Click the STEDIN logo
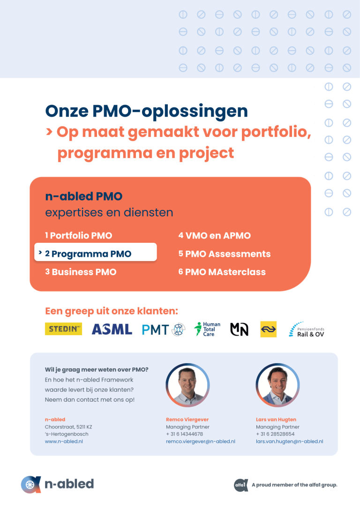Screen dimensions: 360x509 click(x=63, y=329)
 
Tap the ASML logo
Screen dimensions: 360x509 click(x=112, y=329)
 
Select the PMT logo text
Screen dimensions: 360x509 click(x=155, y=330)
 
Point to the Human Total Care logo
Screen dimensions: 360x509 click(x=207, y=329)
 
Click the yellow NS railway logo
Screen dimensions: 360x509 click(x=269, y=329)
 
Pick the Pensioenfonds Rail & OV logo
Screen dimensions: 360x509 click(x=307, y=329)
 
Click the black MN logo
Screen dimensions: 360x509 click(x=239, y=329)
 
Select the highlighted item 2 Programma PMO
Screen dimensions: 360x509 click(x=96, y=252)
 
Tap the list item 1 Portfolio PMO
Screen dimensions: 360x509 click(x=79, y=235)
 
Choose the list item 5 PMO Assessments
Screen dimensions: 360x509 click(x=225, y=254)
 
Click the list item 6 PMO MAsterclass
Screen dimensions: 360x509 click(x=222, y=272)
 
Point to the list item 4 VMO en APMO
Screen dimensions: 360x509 click(x=215, y=235)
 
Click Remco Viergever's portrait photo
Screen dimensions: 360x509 click(x=187, y=385)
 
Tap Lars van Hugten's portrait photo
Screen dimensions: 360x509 click(x=277, y=385)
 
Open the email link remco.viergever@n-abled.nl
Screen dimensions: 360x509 click(x=201, y=442)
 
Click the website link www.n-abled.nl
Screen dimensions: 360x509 click(x=64, y=442)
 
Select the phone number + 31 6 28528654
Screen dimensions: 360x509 click(x=275, y=434)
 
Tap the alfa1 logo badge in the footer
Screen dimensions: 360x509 click(x=241, y=485)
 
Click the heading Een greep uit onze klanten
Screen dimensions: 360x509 click(x=112, y=311)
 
